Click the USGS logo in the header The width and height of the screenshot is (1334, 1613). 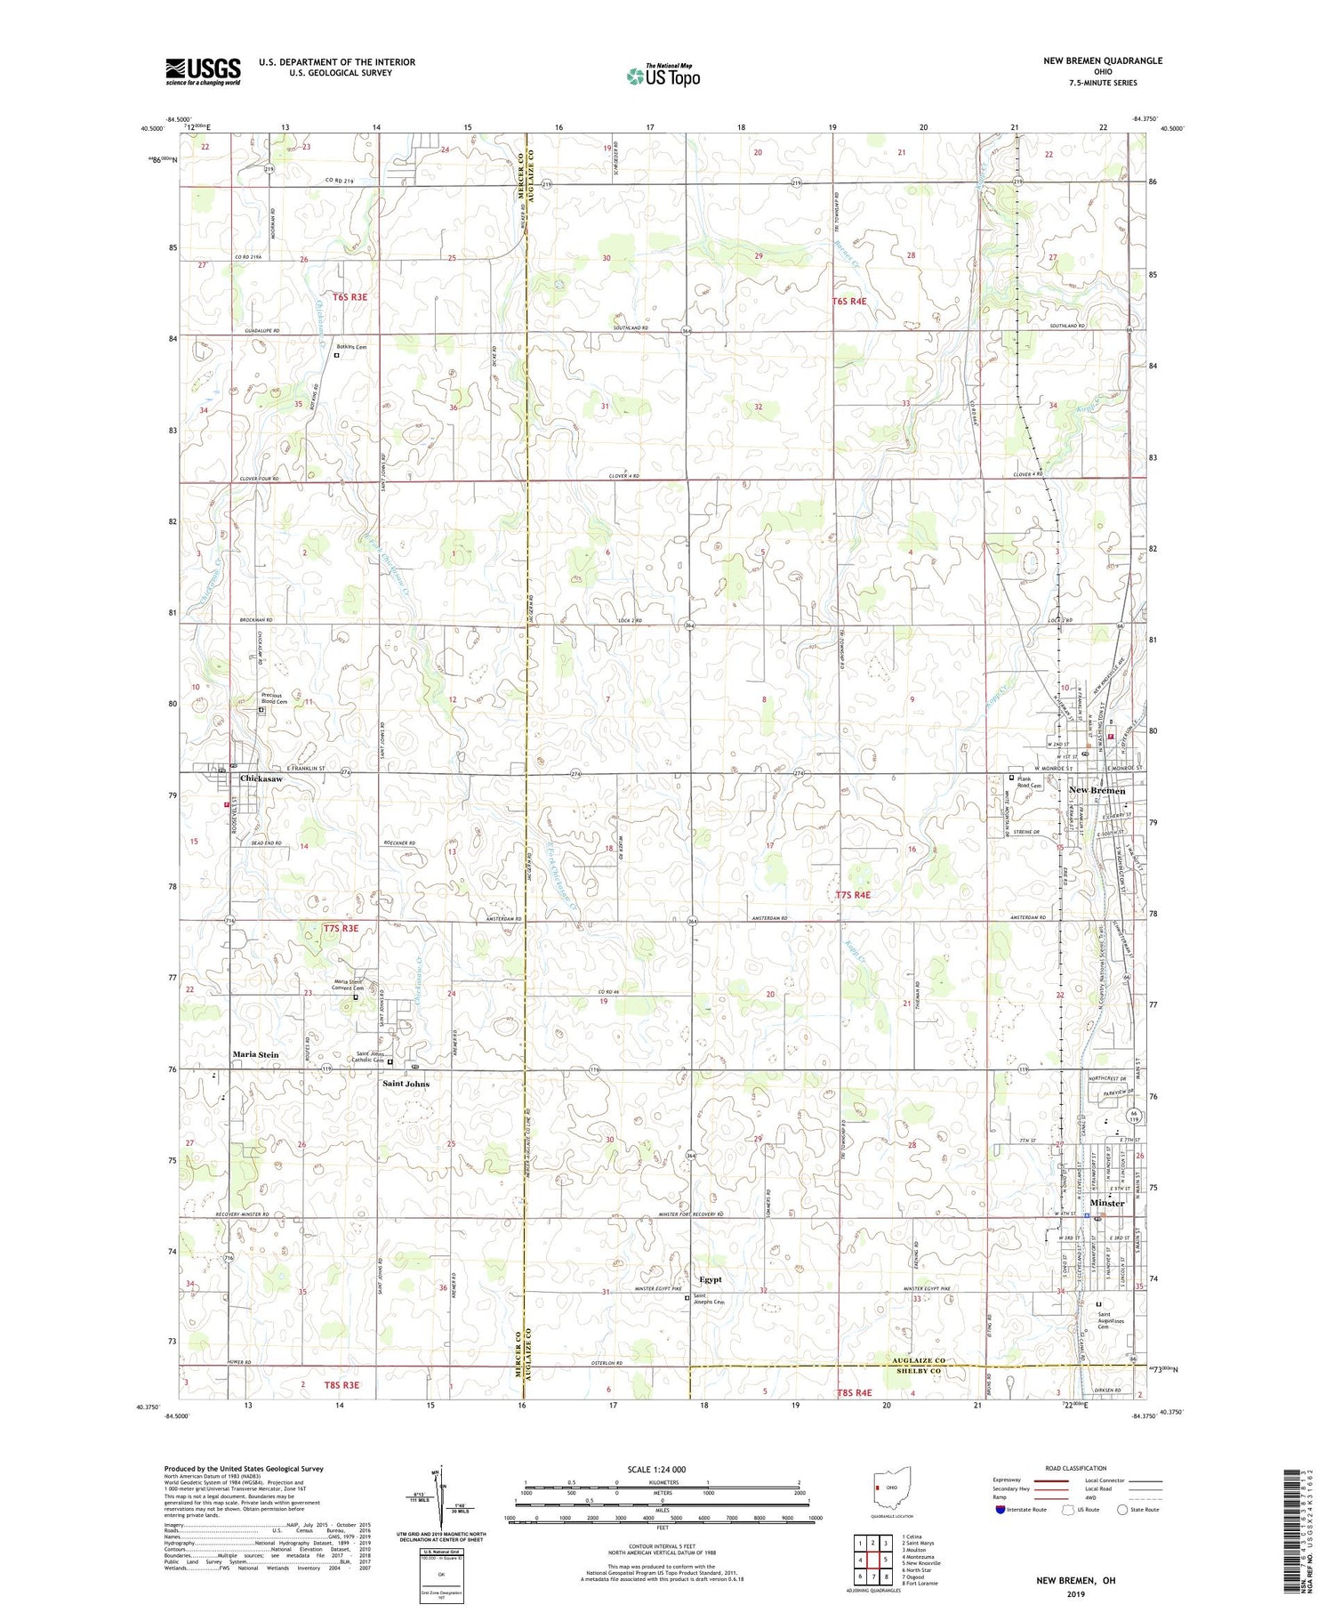click(203, 71)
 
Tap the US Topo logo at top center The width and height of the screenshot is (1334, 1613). click(663, 76)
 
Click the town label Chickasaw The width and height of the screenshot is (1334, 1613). click(261, 778)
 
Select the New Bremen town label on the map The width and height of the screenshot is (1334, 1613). click(1097, 790)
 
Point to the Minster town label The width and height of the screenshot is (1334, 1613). click(1107, 1203)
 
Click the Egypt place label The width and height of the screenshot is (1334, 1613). click(711, 1279)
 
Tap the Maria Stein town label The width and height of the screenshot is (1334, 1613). click(255, 1054)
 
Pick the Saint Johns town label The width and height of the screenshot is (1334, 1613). click(406, 1084)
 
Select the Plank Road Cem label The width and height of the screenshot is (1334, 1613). click(1030, 782)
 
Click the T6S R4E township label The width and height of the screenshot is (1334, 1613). click(848, 302)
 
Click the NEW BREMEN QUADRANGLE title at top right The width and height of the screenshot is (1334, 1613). click(1103, 60)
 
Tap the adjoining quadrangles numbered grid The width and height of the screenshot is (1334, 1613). click(873, 1560)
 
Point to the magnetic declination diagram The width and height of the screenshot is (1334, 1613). click(438, 1496)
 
